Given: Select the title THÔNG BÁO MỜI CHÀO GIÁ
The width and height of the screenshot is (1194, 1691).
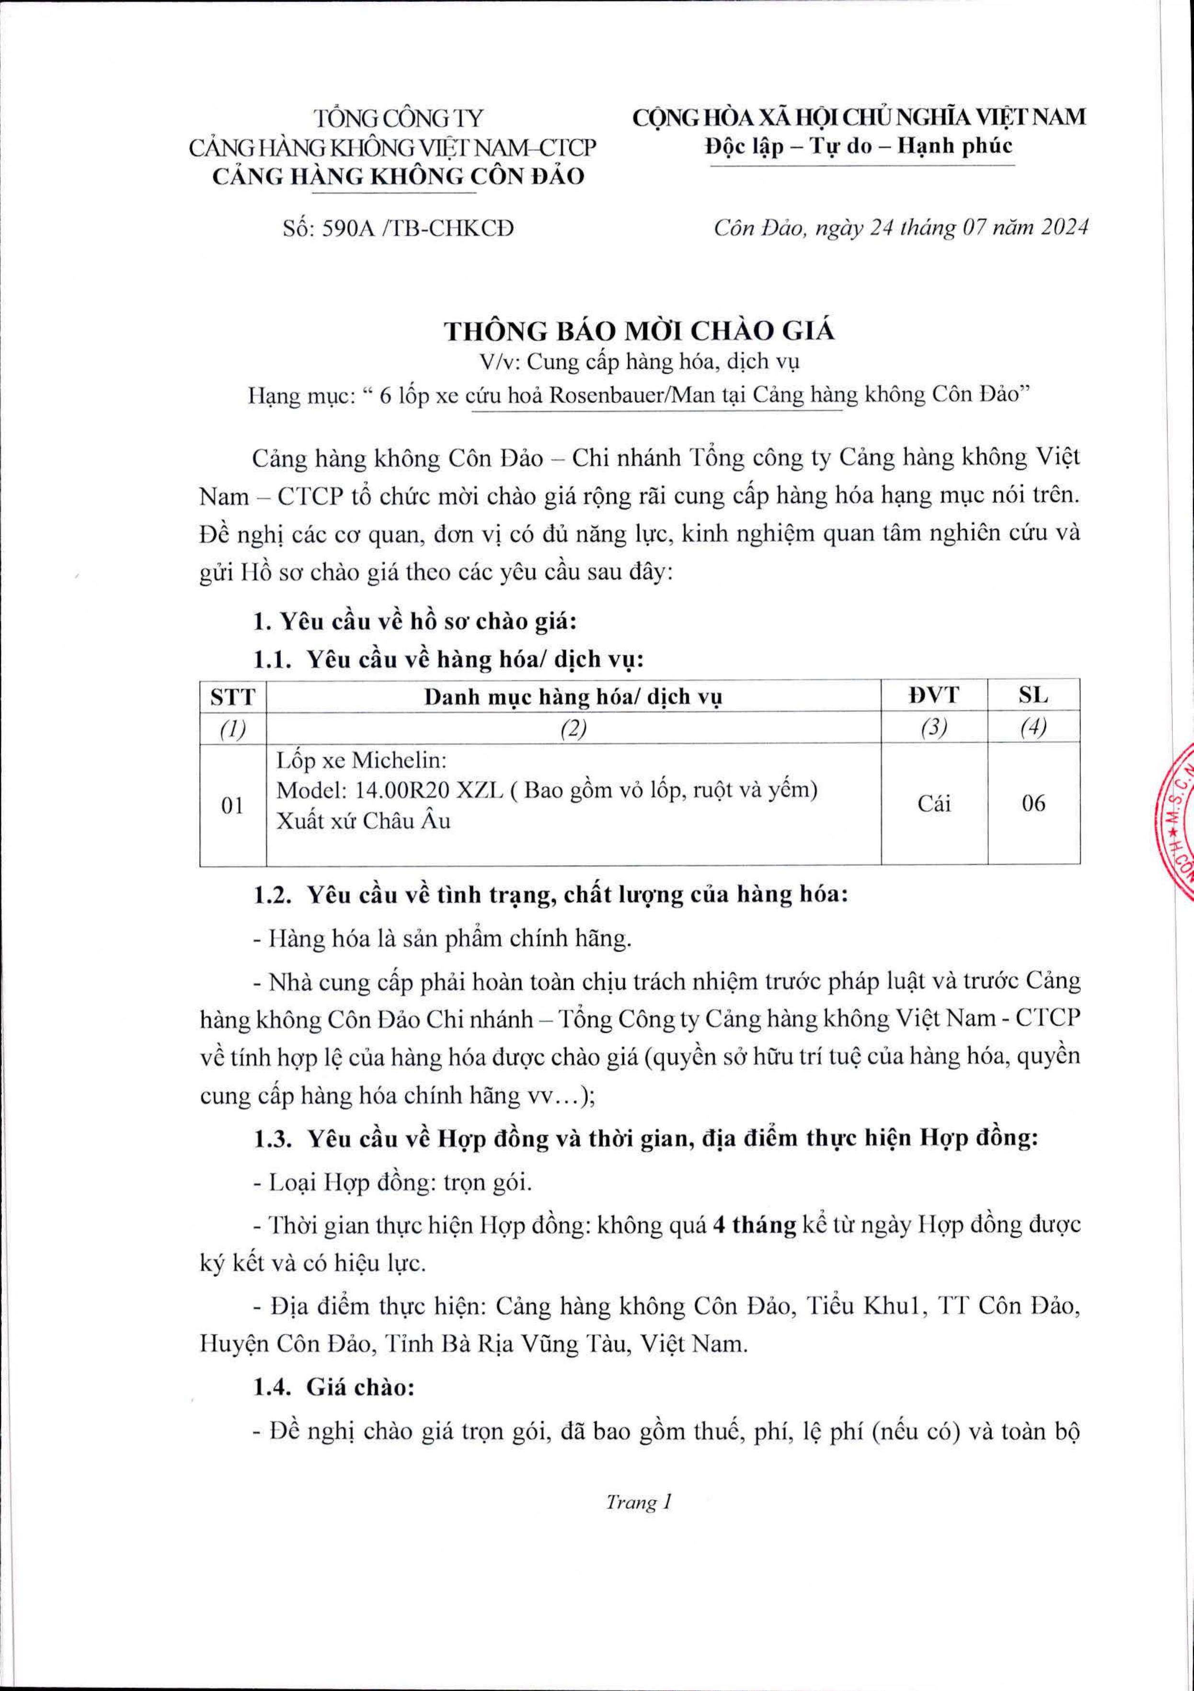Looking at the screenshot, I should point(639,331).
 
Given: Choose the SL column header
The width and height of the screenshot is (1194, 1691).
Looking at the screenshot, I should point(1033,695).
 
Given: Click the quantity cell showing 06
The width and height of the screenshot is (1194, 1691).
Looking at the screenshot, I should point(1033,803).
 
